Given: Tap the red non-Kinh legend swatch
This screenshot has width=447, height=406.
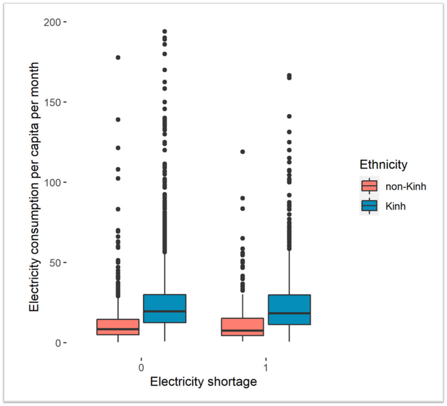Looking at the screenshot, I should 369,186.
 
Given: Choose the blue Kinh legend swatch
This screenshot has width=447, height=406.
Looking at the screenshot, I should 369,205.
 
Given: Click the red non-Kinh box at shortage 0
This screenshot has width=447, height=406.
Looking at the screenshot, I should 118,327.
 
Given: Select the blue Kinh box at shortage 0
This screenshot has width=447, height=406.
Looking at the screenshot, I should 165,309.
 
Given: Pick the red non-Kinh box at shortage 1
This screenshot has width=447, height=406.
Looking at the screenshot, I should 243,327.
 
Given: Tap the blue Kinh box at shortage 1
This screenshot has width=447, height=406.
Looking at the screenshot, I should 289,309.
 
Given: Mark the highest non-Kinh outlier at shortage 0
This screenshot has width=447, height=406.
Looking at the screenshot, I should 118,58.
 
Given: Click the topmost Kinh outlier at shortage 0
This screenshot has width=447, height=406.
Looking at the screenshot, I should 165,31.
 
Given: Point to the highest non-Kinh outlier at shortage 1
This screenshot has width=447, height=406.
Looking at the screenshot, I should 243,151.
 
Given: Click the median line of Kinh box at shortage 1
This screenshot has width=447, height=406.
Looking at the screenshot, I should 289,314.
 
